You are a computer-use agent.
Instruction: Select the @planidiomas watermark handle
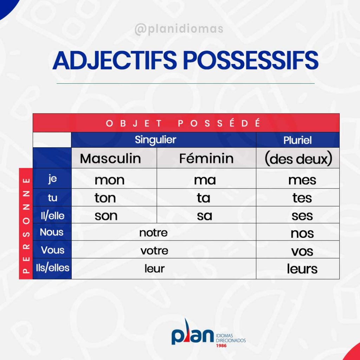(179, 29)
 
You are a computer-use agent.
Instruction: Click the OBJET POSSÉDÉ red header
(183, 123)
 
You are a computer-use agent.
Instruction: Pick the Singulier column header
(155, 140)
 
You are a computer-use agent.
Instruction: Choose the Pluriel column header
(297, 140)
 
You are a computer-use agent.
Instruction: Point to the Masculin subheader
(110, 159)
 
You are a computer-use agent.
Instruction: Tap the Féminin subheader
(206, 158)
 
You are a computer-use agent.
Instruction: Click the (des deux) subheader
(298, 159)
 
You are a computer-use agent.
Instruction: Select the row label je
(53, 178)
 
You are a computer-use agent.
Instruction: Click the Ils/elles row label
(53, 268)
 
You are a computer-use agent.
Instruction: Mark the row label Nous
(52, 232)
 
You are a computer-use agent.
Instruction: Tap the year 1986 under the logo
(221, 346)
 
